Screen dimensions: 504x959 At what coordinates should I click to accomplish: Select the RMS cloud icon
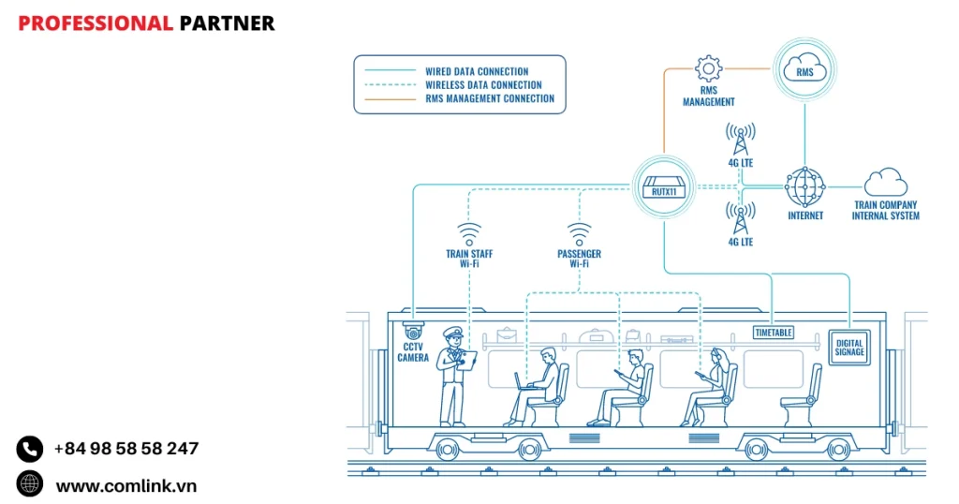pyautogui.click(x=804, y=68)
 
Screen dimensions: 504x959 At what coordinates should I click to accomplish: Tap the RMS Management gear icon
pyautogui.click(x=708, y=68)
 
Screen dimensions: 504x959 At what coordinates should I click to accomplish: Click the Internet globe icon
pyautogui.click(x=804, y=186)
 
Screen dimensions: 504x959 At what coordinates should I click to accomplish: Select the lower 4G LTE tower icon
pyautogui.click(x=740, y=218)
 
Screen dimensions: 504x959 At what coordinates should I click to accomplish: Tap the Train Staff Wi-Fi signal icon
pyautogui.click(x=469, y=233)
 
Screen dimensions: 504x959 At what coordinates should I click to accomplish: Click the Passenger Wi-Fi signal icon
pyautogui.click(x=579, y=233)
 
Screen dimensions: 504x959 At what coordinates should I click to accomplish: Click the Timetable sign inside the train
pyautogui.click(x=774, y=332)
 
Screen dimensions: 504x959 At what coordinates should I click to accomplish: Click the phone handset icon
pyautogui.click(x=30, y=449)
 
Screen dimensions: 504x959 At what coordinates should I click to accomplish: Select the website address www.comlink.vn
pyautogui.click(x=126, y=485)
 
